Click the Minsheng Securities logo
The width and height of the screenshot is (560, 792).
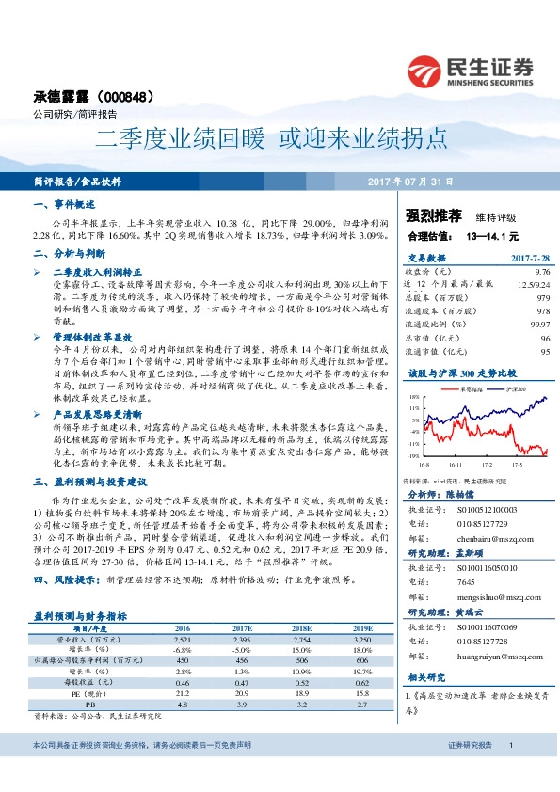click(473, 71)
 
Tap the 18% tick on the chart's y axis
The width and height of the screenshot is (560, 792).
click(415, 399)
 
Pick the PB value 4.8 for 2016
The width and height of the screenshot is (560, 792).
click(184, 702)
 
